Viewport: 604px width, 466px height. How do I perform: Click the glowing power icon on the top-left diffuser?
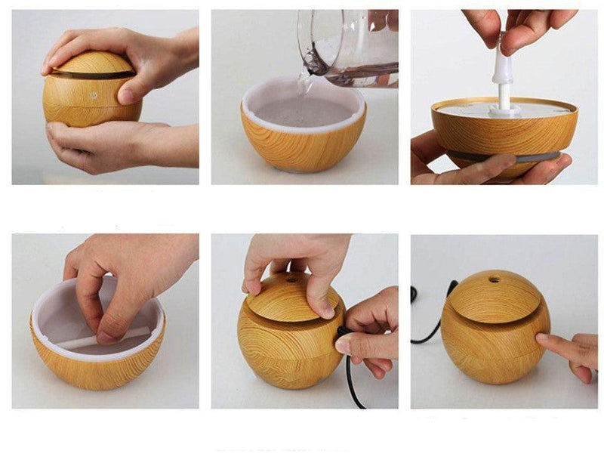click(x=94, y=96)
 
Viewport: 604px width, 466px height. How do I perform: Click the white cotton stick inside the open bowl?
click(x=91, y=340)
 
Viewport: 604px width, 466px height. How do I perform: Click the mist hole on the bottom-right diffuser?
click(x=495, y=279)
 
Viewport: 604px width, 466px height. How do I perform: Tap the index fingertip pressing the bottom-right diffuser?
click(x=543, y=341)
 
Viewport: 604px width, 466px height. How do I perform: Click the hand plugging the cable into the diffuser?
click(x=370, y=332)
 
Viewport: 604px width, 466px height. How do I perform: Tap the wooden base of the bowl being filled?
click(x=302, y=151)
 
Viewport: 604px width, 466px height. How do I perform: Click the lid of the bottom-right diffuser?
click(x=491, y=298)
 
